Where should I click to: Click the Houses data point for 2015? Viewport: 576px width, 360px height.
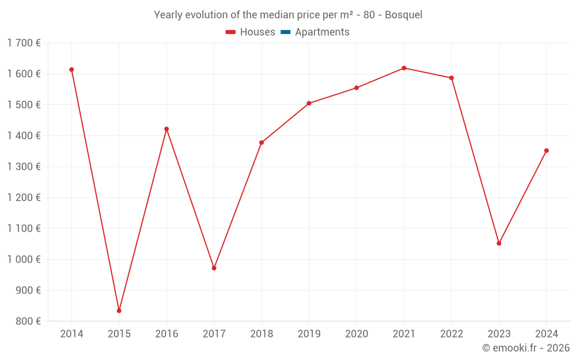pyautogui.click(x=119, y=310)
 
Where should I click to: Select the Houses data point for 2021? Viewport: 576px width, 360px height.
pyautogui.click(x=404, y=68)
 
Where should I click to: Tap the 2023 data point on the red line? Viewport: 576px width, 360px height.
pyautogui.click(x=499, y=243)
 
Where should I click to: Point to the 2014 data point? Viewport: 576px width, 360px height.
pyautogui.click(x=71, y=70)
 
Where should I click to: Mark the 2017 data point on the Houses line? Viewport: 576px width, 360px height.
pyautogui.click(x=214, y=268)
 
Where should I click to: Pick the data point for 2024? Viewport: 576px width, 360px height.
pyautogui.click(x=546, y=151)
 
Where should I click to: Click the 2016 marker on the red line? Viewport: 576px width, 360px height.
pyautogui.click(x=166, y=129)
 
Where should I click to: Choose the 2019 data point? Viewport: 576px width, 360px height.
pyautogui.click(x=309, y=103)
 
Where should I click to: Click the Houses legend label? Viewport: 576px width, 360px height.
pyautogui.click(x=257, y=32)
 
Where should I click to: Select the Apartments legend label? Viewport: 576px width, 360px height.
pyautogui.click(x=322, y=32)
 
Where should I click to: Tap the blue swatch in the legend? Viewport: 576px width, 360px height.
pyautogui.click(x=285, y=32)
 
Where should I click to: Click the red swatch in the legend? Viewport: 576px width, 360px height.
pyautogui.click(x=230, y=32)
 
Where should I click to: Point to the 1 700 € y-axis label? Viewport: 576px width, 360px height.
pyautogui.click(x=24, y=43)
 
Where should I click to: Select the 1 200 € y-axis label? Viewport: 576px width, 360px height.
pyautogui.click(x=24, y=198)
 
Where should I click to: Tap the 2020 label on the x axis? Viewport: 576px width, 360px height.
pyautogui.click(x=356, y=334)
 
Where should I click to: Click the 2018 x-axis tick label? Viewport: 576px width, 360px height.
pyautogui.click(x=262, y=334)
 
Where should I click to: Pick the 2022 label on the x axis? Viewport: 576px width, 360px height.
pyautogui.click(x=451, y=334)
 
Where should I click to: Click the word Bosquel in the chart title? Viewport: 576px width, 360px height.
pyautogui.click(x=403, y=15)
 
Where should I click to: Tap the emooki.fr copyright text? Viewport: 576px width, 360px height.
pyautogui.click(x=526, y=348)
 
